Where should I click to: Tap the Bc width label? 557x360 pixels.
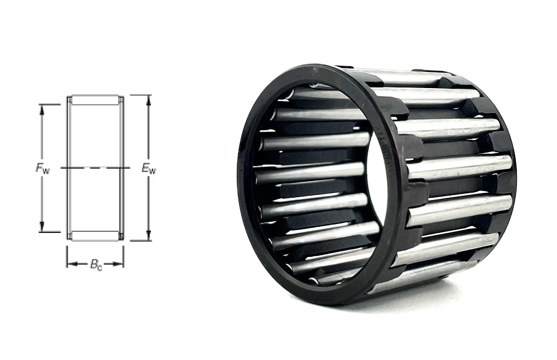(96, 265)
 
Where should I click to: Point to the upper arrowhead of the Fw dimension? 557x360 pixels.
(42, 108)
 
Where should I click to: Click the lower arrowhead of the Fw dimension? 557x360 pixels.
(42, 228)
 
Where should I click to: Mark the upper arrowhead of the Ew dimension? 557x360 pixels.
(148, 99)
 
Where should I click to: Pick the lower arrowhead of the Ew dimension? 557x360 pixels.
(148, 237)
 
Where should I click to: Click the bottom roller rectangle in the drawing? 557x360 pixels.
(95, 236)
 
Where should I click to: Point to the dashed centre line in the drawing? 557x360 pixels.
(95, 167)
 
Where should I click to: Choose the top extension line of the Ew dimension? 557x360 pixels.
(139, 95)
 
